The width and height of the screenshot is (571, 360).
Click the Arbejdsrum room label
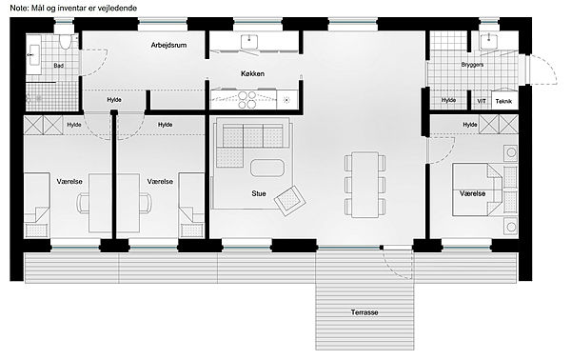pos(168,45)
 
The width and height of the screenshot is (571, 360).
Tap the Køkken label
pos(252,73)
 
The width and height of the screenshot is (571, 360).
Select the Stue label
pos(259,193)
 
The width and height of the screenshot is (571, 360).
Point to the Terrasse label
pos(364,312)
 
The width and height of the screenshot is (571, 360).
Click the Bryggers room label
pos(472,65)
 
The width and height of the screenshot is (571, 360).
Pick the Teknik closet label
pos(503,101)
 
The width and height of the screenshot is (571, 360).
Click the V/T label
pos(482,101)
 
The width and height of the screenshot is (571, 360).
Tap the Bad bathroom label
pos(59,66)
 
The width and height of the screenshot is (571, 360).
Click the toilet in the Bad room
pos(66,42)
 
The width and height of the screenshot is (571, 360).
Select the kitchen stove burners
pos(247,100)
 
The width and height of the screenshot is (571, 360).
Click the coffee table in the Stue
pos(267,168)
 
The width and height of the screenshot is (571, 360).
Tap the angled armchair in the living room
pos(290,200)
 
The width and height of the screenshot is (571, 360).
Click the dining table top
pos(364,185)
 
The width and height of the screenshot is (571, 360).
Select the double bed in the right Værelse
pos(478,190)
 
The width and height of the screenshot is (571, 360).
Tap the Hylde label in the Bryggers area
pos(448,100)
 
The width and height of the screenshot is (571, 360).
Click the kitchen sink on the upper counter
pos(249,41)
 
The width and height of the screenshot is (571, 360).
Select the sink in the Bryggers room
pos(487,41)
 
